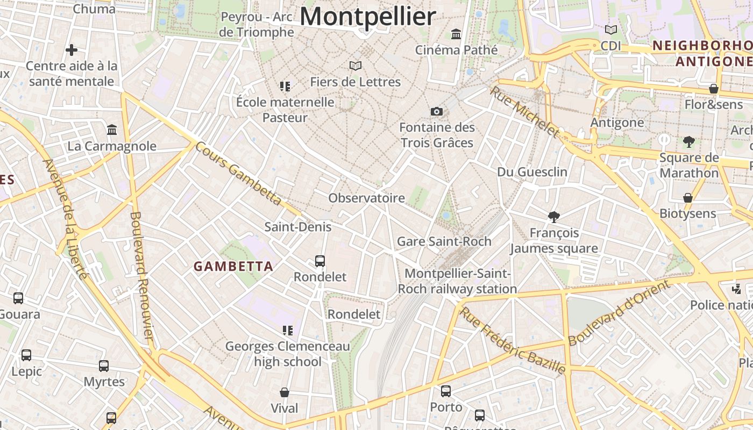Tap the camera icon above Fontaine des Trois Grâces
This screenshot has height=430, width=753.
tap(437, 111)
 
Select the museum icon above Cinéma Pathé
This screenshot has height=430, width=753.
tap(456, 34)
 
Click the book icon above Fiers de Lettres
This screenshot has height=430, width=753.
tap(355, 66)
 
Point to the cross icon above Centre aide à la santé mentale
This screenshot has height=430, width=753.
tap(72, 50)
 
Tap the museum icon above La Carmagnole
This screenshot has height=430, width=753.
tap(112, 130)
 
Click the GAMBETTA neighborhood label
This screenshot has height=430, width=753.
tap(233, 266)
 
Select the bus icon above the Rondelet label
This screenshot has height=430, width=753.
tap(320, 261)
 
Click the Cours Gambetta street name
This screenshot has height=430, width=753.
tap(239, 173)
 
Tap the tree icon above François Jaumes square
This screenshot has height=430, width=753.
tap(553, 217)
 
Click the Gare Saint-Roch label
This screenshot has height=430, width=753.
tap(444, 241)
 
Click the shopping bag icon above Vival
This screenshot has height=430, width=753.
tap(285, 393)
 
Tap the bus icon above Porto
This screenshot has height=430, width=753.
tap(446, 391)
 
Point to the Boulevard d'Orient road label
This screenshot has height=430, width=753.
tap(620, 313)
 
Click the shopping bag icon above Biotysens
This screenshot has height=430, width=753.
tap(687, 198)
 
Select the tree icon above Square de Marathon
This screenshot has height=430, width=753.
tap(688, 142)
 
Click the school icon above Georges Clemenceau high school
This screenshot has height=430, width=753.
tap(287, 330)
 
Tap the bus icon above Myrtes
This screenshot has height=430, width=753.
tap(104, 366)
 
